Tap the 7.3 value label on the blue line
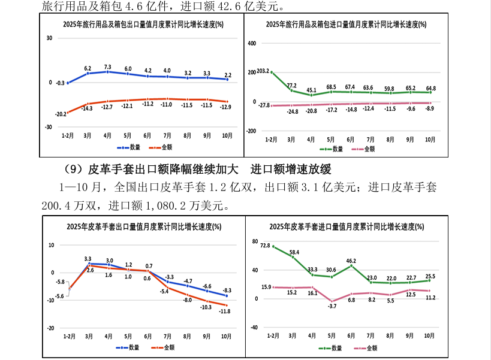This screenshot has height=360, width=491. [x=108, y=66]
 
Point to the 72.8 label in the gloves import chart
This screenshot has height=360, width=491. [x=265, y=245]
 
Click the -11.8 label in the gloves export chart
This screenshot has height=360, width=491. [x=225, y=311]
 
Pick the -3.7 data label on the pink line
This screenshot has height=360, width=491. [x=332, y=306]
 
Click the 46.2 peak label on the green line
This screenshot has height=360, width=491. [x=351, y=261]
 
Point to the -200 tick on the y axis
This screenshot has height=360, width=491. [x=251, y=131]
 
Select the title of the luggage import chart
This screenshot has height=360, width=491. [x=347, y=25]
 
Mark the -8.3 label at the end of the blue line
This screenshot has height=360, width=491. [x=227, y=290]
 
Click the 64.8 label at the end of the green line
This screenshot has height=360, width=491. [x=430, y=88]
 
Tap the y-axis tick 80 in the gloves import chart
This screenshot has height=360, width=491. [x=255, y=242]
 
